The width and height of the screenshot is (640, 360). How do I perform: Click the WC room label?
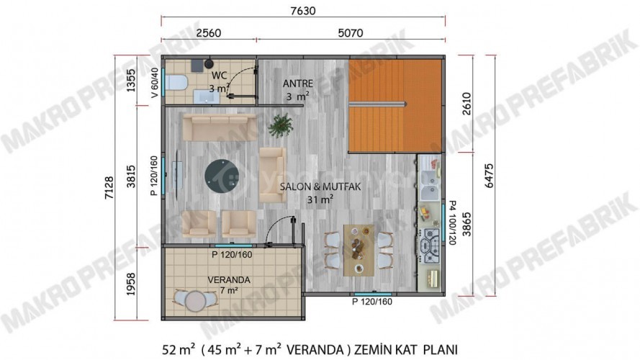point(219,75)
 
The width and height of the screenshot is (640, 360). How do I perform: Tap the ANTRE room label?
point(297,83)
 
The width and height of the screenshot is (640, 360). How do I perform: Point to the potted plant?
point(279,127)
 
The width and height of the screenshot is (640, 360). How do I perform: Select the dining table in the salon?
point(358,248)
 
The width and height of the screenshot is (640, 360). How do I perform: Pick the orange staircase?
point(395,105)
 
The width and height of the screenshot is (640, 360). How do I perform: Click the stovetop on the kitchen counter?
point(432,246)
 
